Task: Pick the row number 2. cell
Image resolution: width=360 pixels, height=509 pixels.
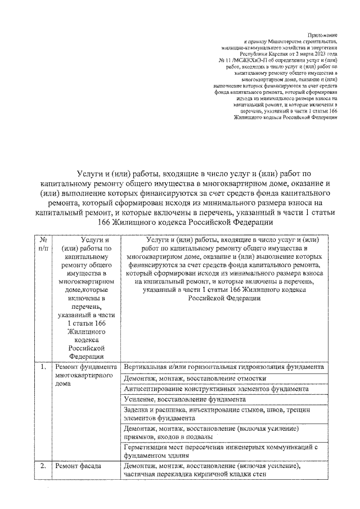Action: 42,466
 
